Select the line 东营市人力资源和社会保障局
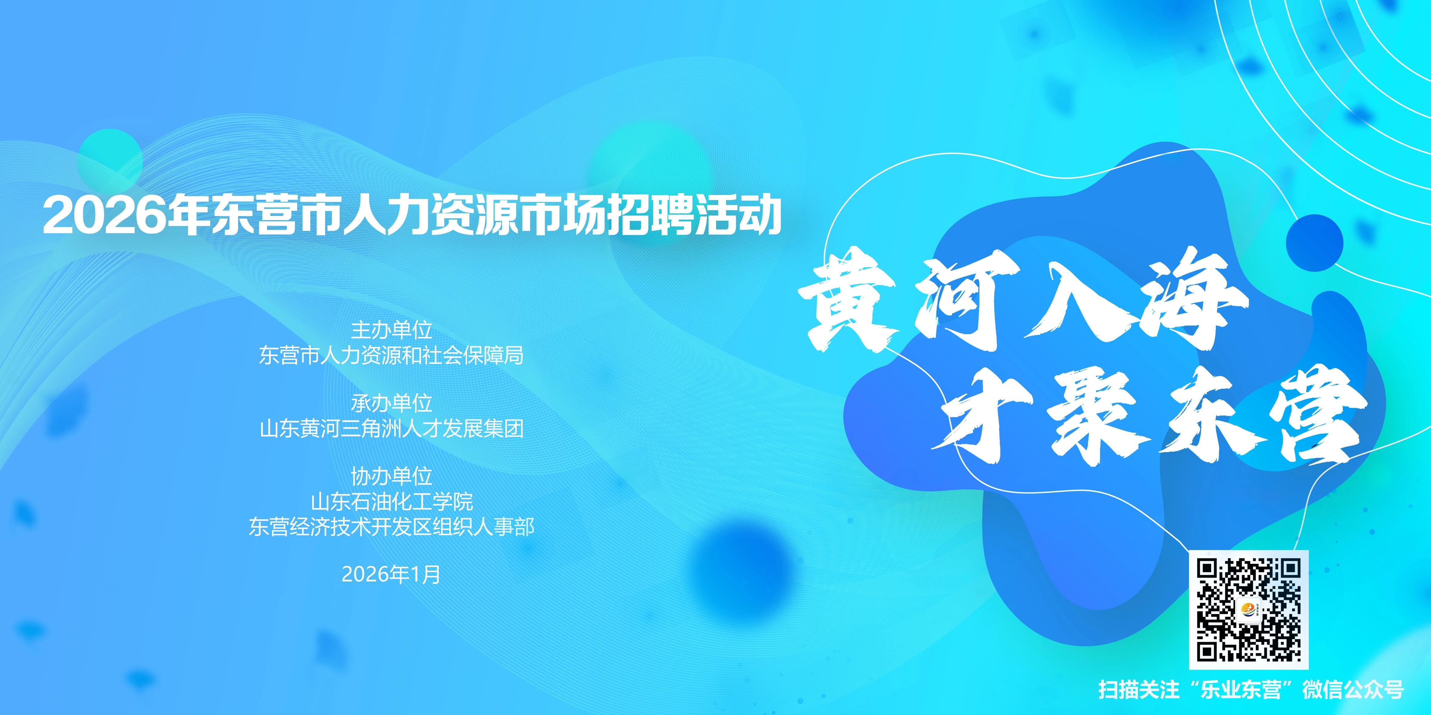392,355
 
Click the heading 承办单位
392,403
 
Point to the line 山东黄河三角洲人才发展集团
392,429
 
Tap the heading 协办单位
392,476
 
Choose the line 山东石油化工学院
392,502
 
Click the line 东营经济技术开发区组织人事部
392,527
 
